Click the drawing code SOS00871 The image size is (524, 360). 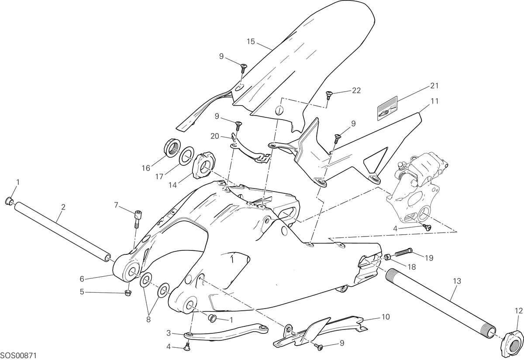[x=19, y=356]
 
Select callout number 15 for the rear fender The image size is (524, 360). [x=251, y=41]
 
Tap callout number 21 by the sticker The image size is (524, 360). [x=434, y=86]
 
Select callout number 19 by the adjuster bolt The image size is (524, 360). [x=429, y=258]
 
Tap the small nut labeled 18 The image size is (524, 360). [x=388, y=257]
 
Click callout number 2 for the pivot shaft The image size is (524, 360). [x=63, y=207]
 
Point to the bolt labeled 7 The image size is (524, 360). [x=138, y=219]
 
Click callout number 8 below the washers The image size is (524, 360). [x=148, y=319]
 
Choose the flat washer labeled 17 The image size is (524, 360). [x=186, y=156]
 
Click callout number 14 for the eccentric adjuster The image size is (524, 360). [x=172, y=185]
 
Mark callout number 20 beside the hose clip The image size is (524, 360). [x=215, y=136]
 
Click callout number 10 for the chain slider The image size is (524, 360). [x=386, y=317]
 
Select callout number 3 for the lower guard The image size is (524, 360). [x=169, y=333]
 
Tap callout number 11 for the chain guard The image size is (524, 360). [x=434, y=101]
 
